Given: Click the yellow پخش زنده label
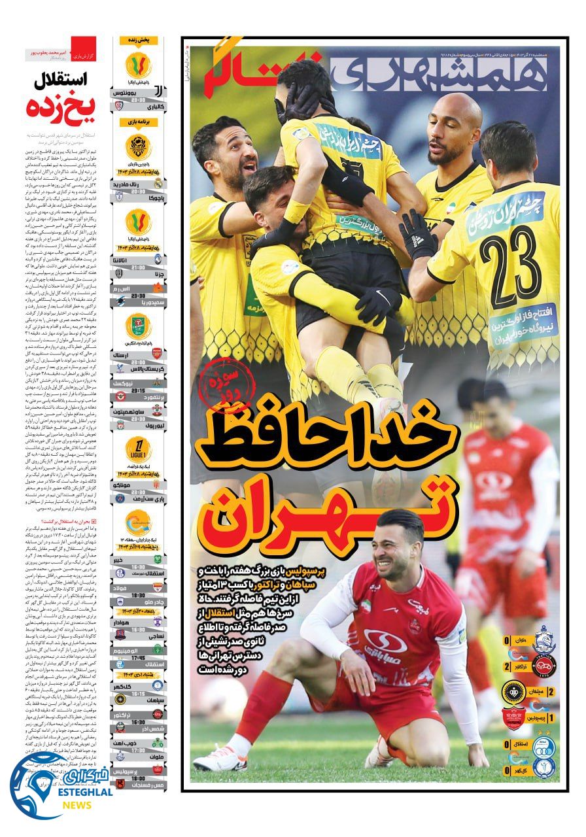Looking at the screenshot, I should point(138,41).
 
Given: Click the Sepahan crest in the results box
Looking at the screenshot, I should point(512,691).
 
